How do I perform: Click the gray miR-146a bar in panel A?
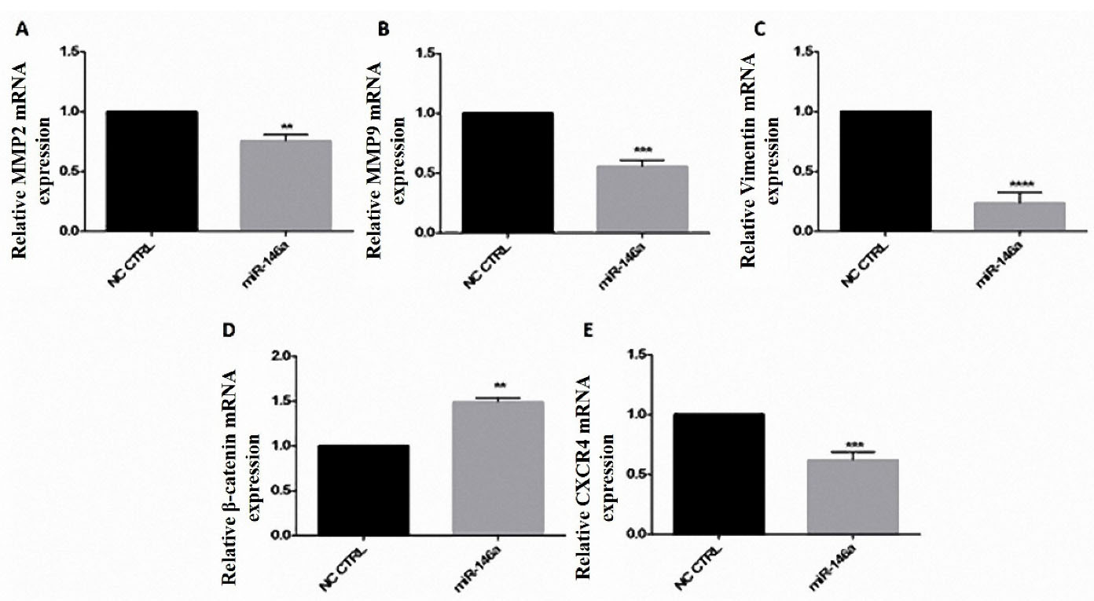[285, 185]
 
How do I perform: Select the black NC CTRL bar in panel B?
[507, 172]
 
